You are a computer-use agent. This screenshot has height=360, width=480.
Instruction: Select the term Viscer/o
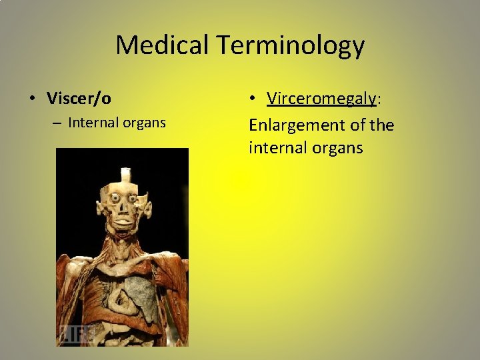79,99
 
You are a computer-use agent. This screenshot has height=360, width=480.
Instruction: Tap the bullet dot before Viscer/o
31,99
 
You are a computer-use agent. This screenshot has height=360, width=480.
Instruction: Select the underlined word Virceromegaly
321,98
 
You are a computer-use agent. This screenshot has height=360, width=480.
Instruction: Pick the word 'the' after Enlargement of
381,125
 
